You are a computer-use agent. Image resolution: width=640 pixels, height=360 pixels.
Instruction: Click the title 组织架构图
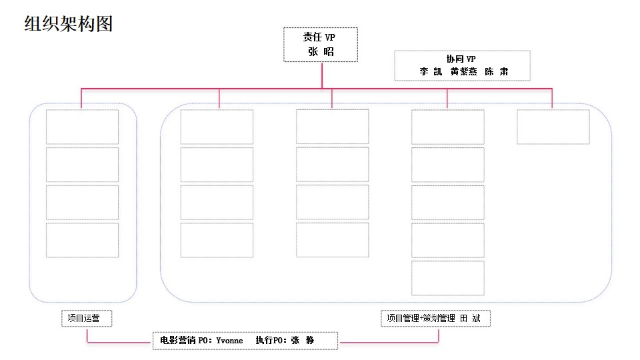tap(69, 24)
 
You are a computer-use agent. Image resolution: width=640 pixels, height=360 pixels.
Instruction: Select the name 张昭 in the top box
tap(321, 52)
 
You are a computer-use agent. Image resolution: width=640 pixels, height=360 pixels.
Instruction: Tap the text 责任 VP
tap(319, 37)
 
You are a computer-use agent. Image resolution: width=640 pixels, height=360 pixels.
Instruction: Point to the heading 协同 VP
tap(461, 59)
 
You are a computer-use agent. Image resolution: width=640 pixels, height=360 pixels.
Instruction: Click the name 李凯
tap(431, 72)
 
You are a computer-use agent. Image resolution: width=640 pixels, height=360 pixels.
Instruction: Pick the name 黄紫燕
tap(464, 72)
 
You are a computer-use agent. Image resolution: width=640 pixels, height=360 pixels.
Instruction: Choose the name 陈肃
tap(496, 72)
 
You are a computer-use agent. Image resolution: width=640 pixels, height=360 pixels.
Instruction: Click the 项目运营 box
tap(87, 319)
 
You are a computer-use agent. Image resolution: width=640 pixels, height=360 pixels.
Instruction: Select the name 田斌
tap(470, 319)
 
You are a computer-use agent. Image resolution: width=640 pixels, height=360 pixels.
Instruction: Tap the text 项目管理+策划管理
tap(421, 319)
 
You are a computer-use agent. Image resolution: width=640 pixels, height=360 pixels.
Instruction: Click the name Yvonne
tap(229, 341)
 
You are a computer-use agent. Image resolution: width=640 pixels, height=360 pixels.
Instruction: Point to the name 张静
tap(303, 341)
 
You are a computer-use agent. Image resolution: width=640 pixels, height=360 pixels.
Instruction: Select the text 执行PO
tap(270, 341)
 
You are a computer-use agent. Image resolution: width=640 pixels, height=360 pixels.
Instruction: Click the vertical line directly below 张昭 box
tap(322, 75)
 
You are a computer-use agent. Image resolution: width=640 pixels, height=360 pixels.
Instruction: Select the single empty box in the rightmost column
tap(553, 127)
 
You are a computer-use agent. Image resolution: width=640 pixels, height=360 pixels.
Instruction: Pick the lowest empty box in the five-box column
tap(448, 278)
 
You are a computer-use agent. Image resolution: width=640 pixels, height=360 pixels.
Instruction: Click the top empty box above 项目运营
tap(82, 127)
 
